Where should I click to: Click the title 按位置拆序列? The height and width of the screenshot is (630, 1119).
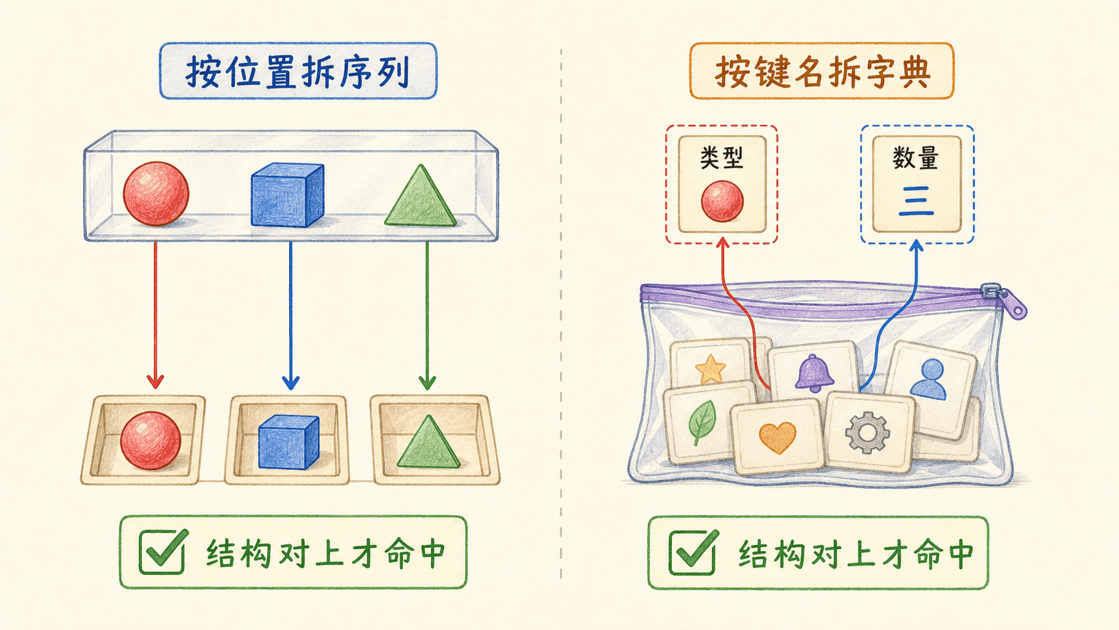[x=298, y=72]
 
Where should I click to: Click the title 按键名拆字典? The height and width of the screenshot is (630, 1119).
[x=823, y=72]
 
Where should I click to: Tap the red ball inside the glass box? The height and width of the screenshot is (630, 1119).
[x=156, y=193]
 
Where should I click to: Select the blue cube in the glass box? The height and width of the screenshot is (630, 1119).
[x=287, y=195]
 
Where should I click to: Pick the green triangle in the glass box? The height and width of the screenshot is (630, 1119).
[x=420, y=196]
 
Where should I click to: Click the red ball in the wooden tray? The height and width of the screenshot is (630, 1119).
[x=151, y=441]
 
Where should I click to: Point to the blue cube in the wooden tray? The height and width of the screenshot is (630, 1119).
[x=288, y=442]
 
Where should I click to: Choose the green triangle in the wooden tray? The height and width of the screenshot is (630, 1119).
[x=428, y=442]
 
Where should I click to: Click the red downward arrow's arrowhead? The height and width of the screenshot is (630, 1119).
[x=155, y=382]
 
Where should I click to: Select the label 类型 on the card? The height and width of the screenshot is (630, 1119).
[x=721, y=159]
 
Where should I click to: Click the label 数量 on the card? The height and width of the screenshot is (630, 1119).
[x=916, y=159]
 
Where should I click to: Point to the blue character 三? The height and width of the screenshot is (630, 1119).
[x=916, y=201]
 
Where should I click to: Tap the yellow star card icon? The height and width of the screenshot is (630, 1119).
[x=710, y=370]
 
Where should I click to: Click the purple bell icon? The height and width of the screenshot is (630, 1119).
[x=814, y=373]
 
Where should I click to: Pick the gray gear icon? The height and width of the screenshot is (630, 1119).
[x=868, y=432]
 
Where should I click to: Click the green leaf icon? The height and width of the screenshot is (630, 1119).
[x=702, y=422]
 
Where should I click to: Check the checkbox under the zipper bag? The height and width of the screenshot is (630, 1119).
[x=693, y=552]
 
